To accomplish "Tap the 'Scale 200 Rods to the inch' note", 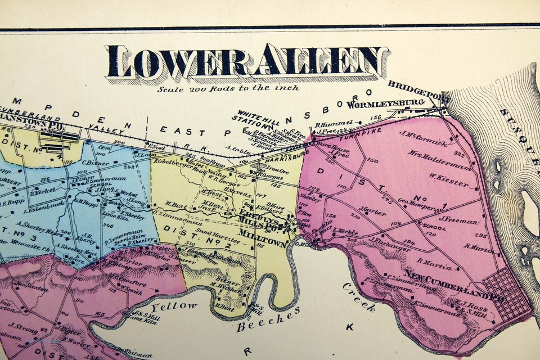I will tap(228, 88).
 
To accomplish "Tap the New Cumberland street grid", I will tap(509, 292).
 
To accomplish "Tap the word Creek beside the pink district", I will tap(359, 296).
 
